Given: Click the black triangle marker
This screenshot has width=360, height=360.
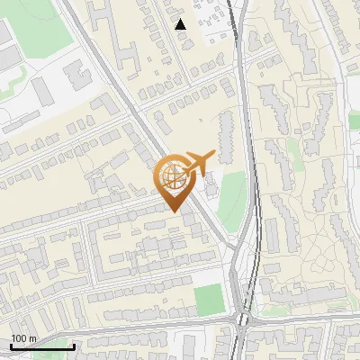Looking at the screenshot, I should [x=181, y=24].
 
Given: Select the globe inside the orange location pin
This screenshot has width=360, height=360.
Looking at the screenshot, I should [x=175, y=175].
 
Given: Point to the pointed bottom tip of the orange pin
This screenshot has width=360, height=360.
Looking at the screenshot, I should [x=175, y=211].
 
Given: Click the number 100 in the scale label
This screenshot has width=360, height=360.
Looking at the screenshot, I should [x=19, y=338].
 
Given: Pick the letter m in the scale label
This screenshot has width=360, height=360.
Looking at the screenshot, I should [x=33, y=338].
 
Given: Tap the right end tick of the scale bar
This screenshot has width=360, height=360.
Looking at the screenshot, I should [x=74, y=346].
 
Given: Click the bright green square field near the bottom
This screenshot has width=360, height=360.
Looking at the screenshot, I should [x=209, y=299].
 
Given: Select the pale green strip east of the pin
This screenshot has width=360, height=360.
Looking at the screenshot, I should [x=233, y=200].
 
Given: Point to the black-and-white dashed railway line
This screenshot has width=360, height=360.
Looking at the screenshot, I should [x=255, y=180].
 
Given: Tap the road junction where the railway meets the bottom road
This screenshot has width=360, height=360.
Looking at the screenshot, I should [x=241, y=319].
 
